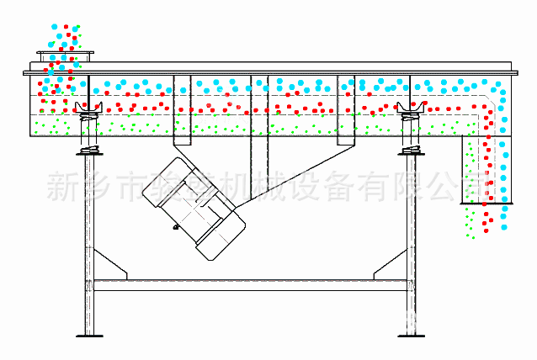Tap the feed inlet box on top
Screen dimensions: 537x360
click(x=65, y=56)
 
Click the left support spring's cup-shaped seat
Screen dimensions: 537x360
click(x=88, y=107)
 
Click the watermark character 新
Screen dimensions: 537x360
click(x=65, y=183)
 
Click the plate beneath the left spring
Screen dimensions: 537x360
click(x=88, y=151)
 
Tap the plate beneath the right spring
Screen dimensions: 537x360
click(x=412, y=151)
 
